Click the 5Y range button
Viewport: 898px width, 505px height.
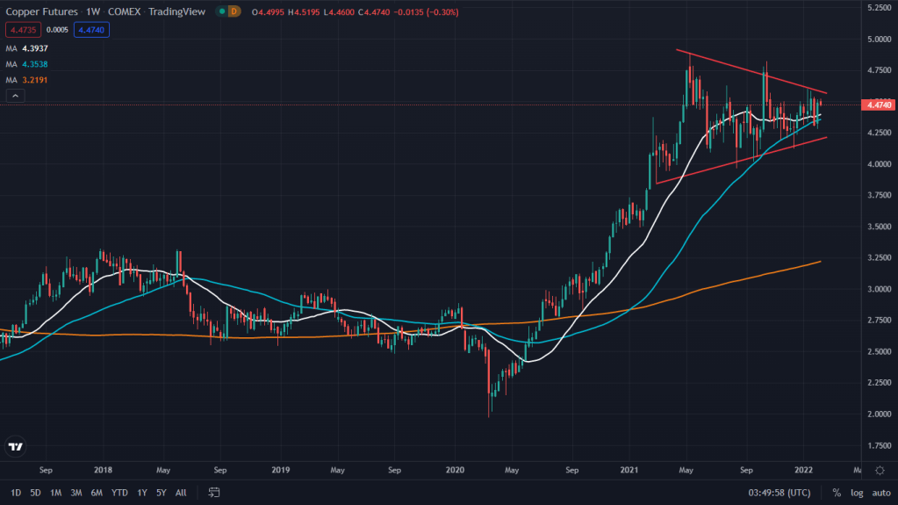coord(161,493)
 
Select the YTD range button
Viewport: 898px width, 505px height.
coord(119,493)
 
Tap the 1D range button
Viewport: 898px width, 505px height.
coord(16,493)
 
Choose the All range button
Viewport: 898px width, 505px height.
coord(181,493)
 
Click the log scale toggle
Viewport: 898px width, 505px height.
coord(857,493)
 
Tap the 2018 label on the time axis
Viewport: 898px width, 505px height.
coord(103,470)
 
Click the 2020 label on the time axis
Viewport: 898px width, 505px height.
coord(456,470)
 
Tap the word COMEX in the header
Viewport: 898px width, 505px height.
coord(125,11)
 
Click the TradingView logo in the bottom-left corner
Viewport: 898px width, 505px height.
coord(15,447)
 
